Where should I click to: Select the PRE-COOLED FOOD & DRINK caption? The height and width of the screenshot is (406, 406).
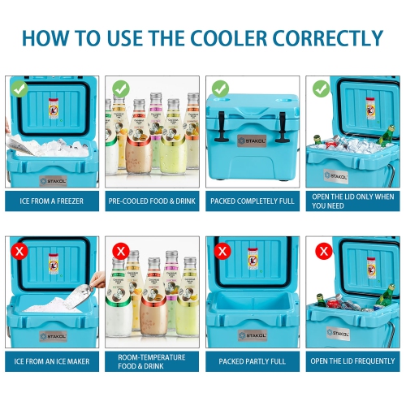tap(153, 201)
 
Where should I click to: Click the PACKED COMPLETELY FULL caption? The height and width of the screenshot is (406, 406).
tap(253, 201)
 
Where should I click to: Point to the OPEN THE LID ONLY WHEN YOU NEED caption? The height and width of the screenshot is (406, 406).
tap(352, 201)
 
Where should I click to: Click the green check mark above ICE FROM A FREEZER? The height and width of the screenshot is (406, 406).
tap(20, 87)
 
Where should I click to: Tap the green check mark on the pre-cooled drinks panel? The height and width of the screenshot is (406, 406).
tap(120, 87)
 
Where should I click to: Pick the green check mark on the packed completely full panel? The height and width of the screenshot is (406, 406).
tap(219, 87)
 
